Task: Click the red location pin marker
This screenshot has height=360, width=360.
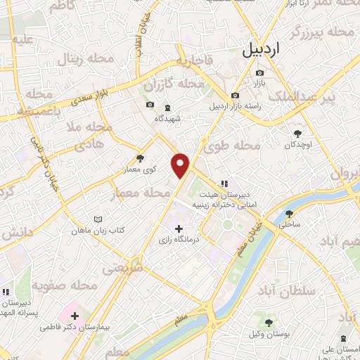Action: tap(181, 165)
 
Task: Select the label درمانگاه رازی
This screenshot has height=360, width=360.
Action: tap(174, 241)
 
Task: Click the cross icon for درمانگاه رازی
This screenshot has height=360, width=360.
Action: tap(179, 229)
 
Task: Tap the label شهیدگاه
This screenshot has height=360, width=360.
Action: tap(169, 118)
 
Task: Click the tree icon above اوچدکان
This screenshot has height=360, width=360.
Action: tap(298, 133)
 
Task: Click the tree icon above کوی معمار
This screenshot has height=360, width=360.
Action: tap(140, 158)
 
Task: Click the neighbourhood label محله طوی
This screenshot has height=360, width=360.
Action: tap(232, 146)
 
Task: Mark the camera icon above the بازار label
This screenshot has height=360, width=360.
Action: tap(259, 73)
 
